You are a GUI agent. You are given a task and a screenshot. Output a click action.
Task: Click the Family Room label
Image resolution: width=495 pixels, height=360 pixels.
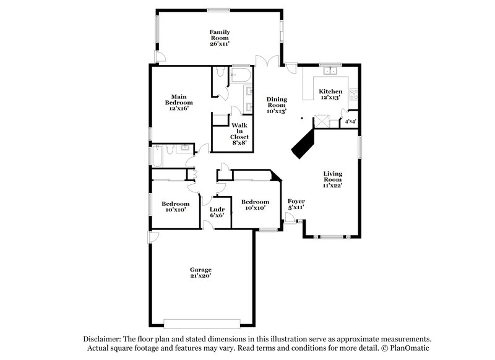(x=219, y=37)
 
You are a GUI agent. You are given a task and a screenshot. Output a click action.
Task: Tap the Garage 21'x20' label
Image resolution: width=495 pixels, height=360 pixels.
(x=200, y=273)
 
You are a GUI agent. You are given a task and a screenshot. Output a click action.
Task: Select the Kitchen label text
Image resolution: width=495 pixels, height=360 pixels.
(x=330, y=92)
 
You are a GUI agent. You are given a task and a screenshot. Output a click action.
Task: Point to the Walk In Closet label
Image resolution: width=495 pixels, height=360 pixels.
(x=239, y=131)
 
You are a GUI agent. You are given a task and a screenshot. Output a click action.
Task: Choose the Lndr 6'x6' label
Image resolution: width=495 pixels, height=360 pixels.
(x=217, y=212)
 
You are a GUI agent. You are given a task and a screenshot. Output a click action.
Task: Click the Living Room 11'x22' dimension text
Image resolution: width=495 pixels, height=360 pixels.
(x=332, y=185)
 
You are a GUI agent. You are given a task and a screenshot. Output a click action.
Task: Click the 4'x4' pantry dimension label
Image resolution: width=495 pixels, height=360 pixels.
(x=351, y=121)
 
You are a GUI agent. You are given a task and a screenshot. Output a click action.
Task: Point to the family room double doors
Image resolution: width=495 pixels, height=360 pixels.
(x=267, y=62)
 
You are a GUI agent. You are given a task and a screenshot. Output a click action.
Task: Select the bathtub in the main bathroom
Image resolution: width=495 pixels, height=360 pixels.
(x=240, y=75)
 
